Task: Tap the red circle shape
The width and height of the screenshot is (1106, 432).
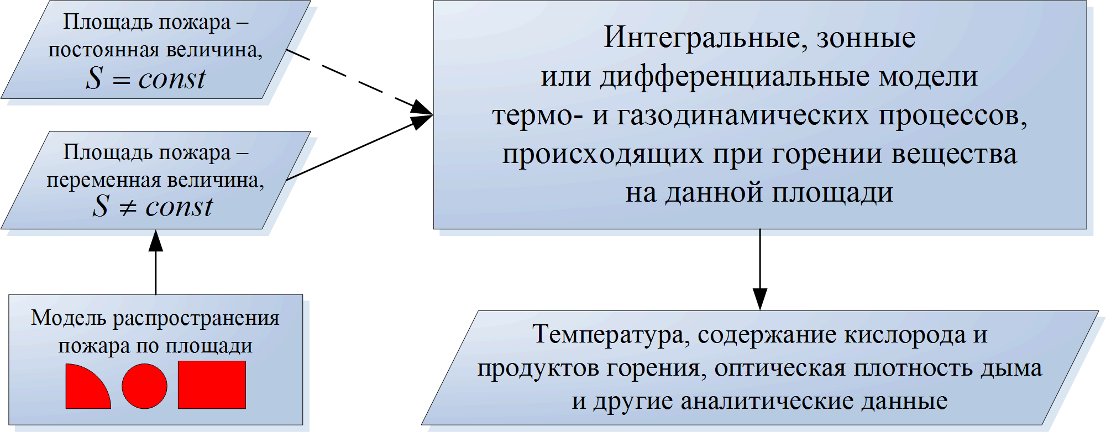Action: click(x=144, y=386)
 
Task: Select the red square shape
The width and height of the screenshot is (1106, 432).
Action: click(x=212, y=385)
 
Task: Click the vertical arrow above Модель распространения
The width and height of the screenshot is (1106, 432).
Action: click(x=156, y=262)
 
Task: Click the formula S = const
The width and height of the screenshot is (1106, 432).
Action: click(x=146, y=78)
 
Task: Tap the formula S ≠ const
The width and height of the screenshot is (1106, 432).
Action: click(x=152, y=207)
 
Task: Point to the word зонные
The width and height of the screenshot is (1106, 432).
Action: click(x=866, y=38)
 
